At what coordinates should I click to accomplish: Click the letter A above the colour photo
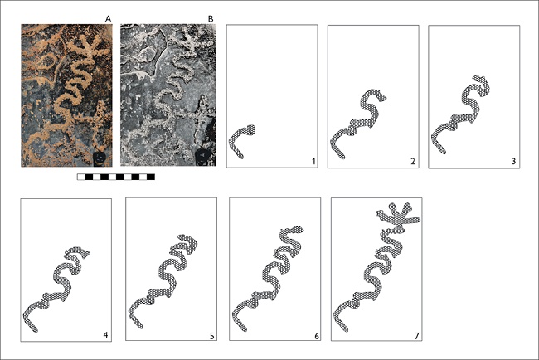tap(109, 19)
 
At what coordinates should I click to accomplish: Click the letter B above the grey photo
tap(211, 19)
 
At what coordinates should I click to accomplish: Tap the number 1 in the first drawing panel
tap(313, 161)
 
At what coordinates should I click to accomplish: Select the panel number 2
tap(413, 161)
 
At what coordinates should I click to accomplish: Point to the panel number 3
tap(513, 161)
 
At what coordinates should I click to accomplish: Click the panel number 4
tap(105, 334)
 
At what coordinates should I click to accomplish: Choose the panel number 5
tap(212, 335)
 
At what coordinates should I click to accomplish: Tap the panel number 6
tap(316, 336)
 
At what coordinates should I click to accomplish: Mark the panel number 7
tap(417, 336)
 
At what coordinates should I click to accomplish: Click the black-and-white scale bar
tap(116, 177)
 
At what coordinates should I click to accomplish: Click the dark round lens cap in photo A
tap(100, 158)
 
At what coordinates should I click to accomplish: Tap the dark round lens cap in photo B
tap(202, 156)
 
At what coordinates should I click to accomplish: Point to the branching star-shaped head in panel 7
tap(399, 216)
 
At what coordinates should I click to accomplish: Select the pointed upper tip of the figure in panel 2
tap(385, 99)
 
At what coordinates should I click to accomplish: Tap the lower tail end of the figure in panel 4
tap(35, 330)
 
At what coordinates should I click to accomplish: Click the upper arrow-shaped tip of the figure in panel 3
tap(477, 76)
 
